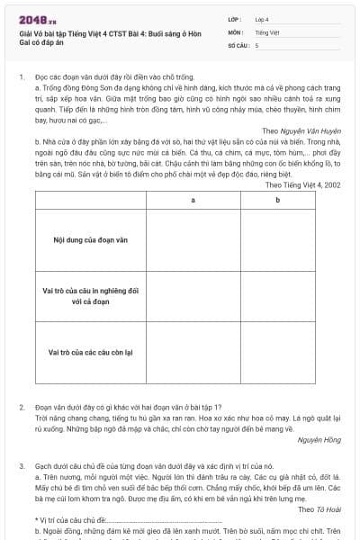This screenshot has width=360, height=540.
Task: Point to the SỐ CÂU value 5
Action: (256, 44)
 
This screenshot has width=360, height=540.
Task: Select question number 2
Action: (22, 408)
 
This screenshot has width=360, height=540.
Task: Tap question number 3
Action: (22, 466)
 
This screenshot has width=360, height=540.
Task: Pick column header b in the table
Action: (277, 199)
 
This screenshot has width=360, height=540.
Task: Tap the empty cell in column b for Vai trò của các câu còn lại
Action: (277, 352)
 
